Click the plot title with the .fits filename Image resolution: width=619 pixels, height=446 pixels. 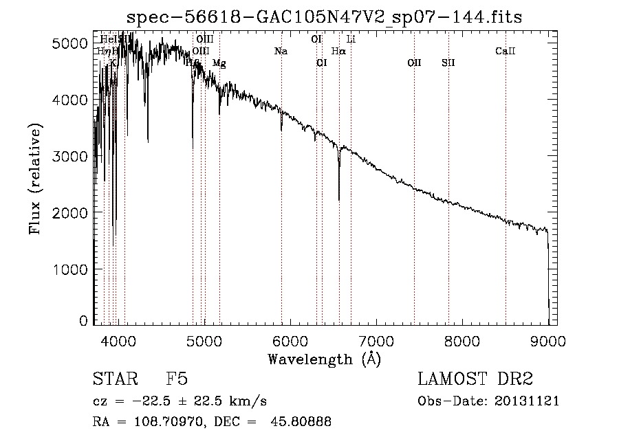pos(324,16)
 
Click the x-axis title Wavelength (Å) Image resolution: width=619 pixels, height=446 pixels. pos(324,359)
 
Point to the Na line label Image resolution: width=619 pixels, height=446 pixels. pos(281,51)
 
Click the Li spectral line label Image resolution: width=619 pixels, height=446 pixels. pos(351,39)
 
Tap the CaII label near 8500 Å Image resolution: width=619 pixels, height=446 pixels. pos(506,51)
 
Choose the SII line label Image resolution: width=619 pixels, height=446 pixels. pos(448,63)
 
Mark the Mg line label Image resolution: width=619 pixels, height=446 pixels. pos(219,63)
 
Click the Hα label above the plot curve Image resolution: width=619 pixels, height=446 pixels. pos(338,51)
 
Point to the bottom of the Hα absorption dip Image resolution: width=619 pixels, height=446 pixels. pos(339,199)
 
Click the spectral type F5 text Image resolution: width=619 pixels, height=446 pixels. pos(177,380)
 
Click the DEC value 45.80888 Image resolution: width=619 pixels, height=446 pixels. pos(302,422)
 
